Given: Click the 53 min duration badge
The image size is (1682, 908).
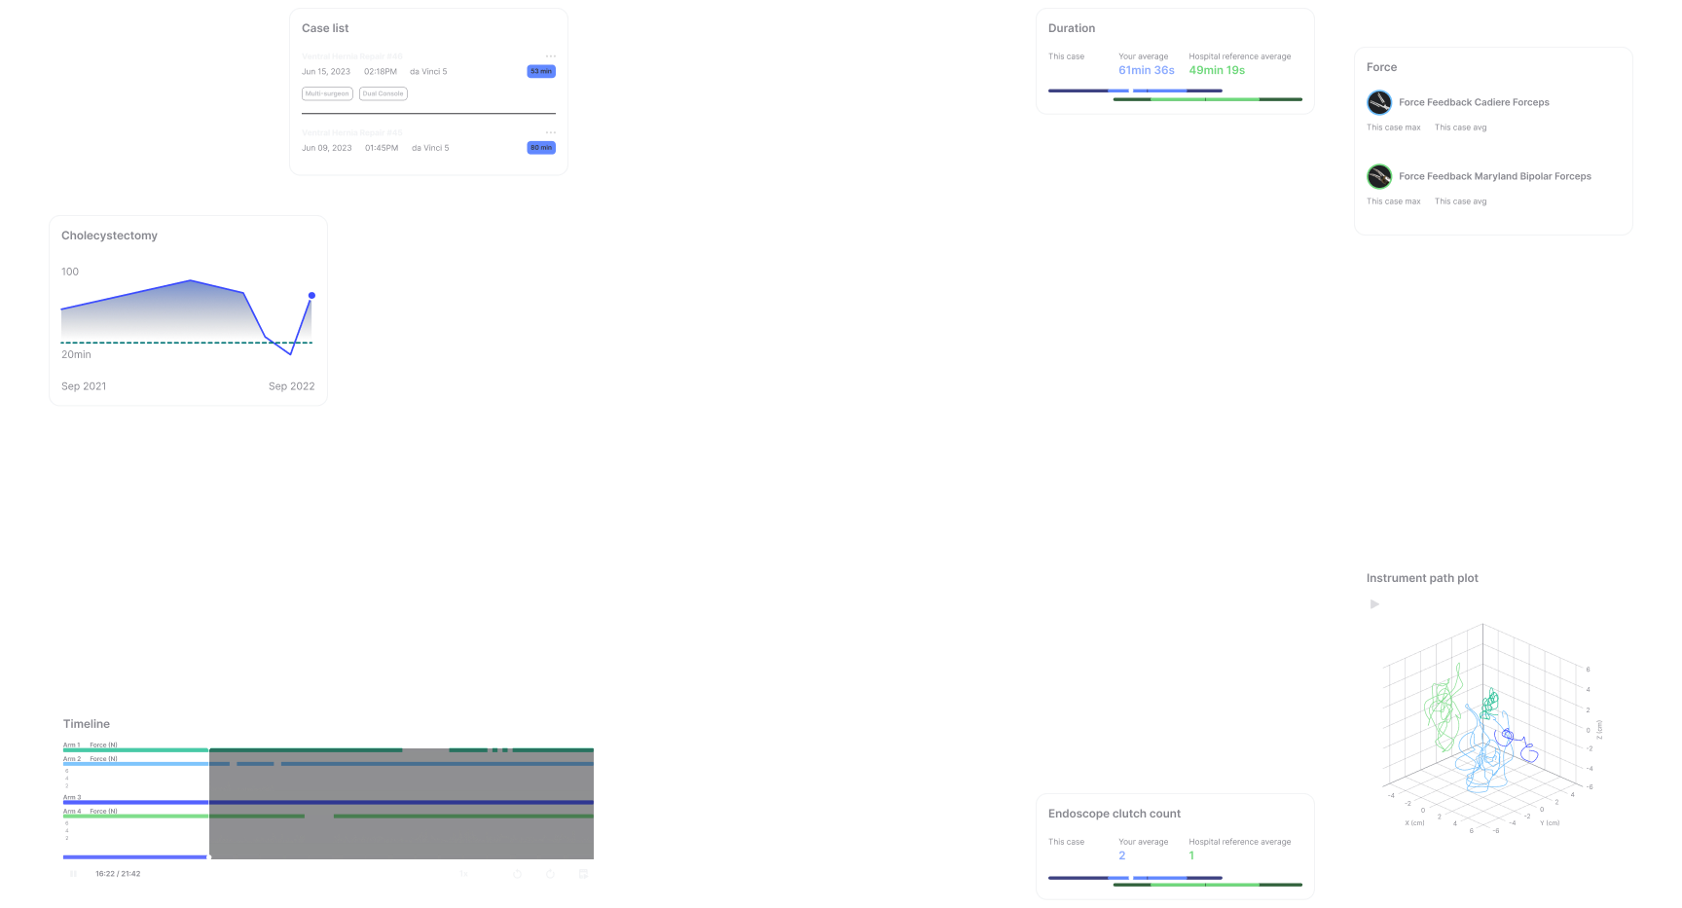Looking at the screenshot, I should coord(541,71).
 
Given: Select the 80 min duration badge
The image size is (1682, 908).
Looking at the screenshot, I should coord(541,148).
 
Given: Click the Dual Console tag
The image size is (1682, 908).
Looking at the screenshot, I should coord(384,94).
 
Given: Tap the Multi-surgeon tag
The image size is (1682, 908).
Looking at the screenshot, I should coord(327,94).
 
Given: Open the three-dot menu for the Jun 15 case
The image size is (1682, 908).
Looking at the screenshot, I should coord(550,56).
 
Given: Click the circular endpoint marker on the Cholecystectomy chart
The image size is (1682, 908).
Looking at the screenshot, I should coord(311,296).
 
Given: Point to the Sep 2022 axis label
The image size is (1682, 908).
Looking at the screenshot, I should coord(291,386).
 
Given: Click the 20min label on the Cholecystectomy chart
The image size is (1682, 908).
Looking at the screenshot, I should coord(76,354).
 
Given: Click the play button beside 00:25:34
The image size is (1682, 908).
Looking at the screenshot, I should coord(1374,604).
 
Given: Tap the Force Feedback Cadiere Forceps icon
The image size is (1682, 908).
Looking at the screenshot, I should coord(1379,102).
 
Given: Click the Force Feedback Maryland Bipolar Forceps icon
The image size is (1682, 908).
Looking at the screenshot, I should coord(1379,176).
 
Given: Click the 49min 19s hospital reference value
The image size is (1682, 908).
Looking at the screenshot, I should coord(1217,71).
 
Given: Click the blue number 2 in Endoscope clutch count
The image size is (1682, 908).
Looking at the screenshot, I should coord(1122,856).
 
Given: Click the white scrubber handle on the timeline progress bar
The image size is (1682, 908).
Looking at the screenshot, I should coord(209,857).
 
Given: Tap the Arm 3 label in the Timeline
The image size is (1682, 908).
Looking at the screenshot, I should coord(72,797).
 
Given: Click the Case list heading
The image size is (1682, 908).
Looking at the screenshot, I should coord(325,28).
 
